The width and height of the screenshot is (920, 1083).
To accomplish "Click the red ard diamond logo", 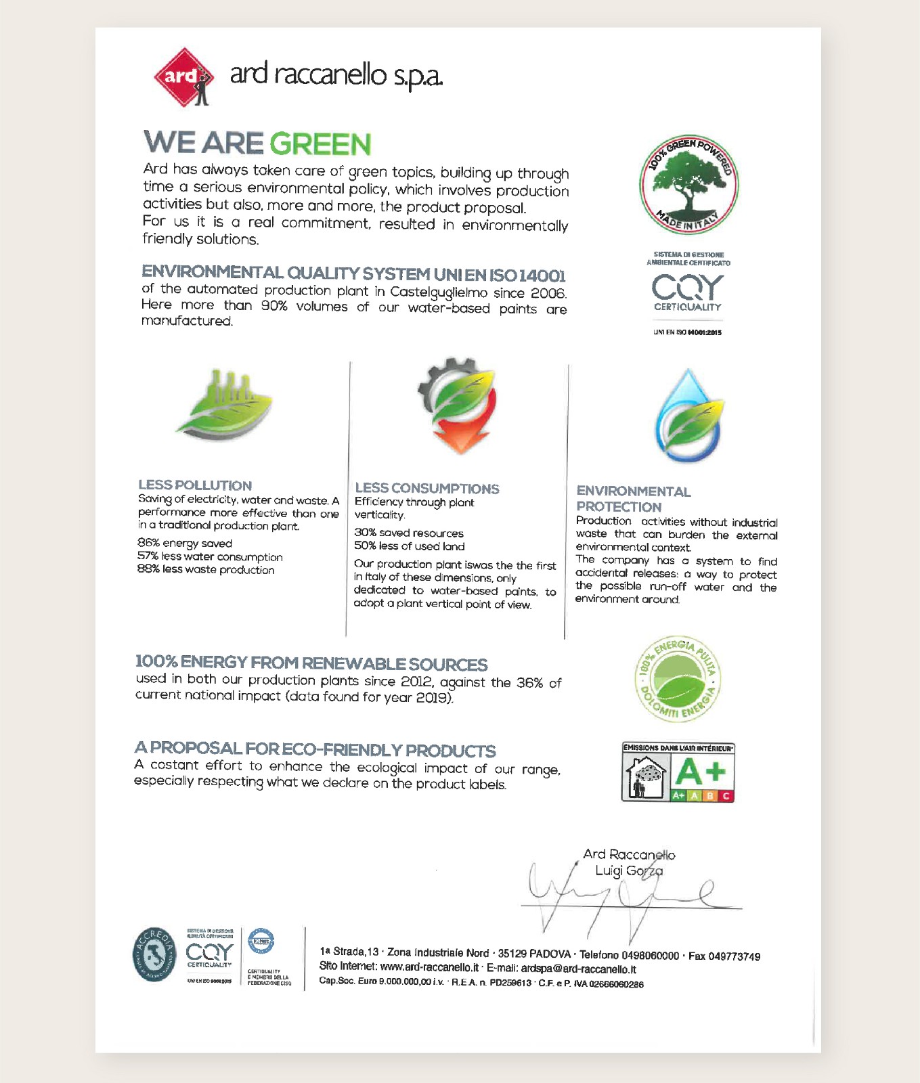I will [x=183, y=77].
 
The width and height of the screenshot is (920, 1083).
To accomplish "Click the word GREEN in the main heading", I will [x=320, y=144].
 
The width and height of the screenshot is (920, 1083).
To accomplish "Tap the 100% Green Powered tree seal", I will [x=688, y=185].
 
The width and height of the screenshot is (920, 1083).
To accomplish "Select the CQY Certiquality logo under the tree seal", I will [x=688, y=292].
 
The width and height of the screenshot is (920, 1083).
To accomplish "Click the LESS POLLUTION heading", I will [x=195, y=485].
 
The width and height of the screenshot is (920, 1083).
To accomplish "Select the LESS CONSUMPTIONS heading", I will [x=426, y=489].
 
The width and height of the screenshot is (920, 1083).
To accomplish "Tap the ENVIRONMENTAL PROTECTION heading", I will [x=633, y=499].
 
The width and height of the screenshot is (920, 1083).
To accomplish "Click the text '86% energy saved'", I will [x=185, y=544].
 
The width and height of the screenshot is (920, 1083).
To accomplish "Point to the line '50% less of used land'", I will [x=410, y=546].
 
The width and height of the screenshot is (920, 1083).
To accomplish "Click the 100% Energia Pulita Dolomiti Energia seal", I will [x=679, y=680].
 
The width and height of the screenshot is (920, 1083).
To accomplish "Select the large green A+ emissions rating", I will [x=701, y=771].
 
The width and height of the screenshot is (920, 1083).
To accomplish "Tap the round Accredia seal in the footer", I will [x=154, y=954].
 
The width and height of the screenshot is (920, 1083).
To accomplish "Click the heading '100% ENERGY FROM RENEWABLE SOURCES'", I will [x=311, y=663].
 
